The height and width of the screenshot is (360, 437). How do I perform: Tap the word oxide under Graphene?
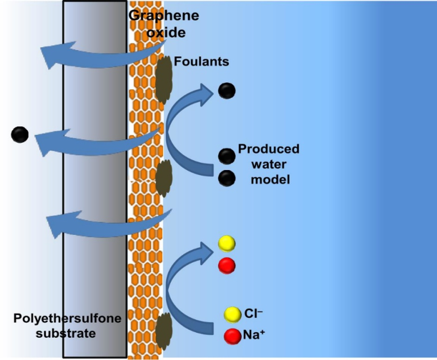164,32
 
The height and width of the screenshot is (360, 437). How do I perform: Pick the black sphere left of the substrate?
19,135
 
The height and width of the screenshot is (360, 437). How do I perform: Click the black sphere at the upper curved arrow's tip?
226,90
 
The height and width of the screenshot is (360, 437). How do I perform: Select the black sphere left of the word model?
226,178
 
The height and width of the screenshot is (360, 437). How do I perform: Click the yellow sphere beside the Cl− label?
232,314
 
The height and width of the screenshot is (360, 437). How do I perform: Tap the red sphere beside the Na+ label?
232,336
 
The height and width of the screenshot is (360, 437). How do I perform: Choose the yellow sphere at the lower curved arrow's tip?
226,244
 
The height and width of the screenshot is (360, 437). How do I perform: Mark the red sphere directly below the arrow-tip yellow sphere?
226,265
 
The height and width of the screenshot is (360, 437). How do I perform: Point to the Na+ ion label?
254,336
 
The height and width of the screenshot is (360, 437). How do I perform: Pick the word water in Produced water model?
268,164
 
